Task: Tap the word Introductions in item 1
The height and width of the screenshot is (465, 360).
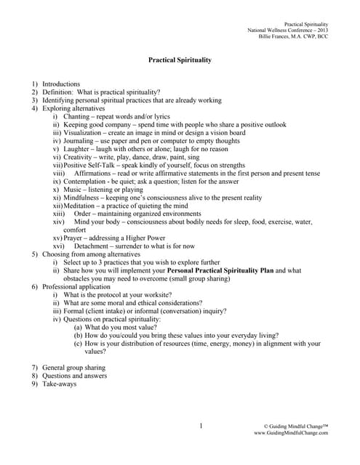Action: click(61, 84)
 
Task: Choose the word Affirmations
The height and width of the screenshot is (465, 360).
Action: click(96, 174)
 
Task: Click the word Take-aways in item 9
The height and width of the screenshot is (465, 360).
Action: click(59, 384)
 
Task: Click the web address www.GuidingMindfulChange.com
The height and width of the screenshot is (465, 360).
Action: click(291, 432)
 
